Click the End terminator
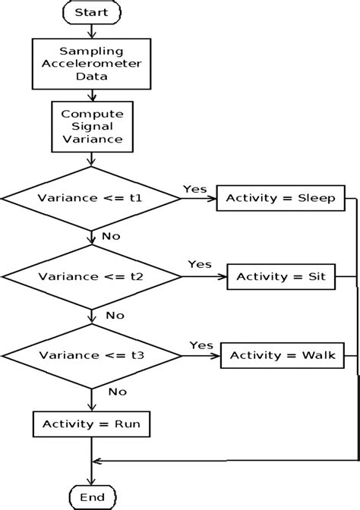(x=92, y=497)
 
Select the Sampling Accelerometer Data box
(x=92, y=63)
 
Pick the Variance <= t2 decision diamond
(x=91, y=277)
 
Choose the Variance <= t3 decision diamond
(x=91, y=355)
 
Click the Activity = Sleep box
(x=282, y=200)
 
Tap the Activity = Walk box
(x=283, y=355)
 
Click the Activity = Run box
(x=92, y=424)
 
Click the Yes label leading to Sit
(x=199, y=264)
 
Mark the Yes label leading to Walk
(x=201, y=344)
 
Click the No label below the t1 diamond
(x=110, y=236)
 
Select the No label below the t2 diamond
(x=115, y=314)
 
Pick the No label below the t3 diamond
(x=118, y=392)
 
